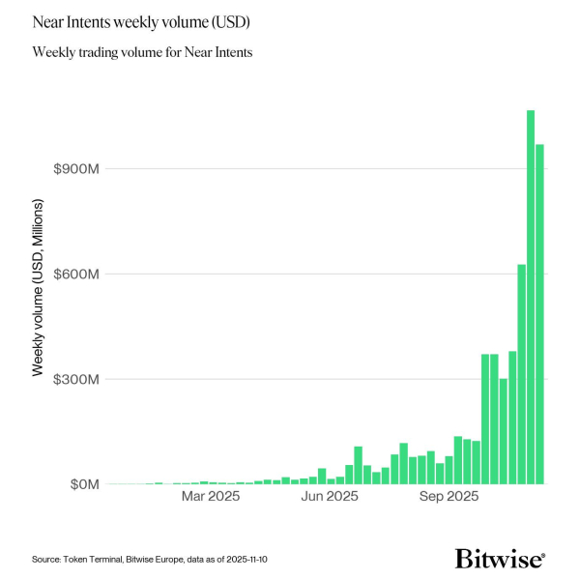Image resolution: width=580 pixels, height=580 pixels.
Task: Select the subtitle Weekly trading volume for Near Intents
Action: (142, 52)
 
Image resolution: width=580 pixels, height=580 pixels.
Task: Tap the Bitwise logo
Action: (500, 559)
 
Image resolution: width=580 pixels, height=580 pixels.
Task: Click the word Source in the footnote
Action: (47, 560)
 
